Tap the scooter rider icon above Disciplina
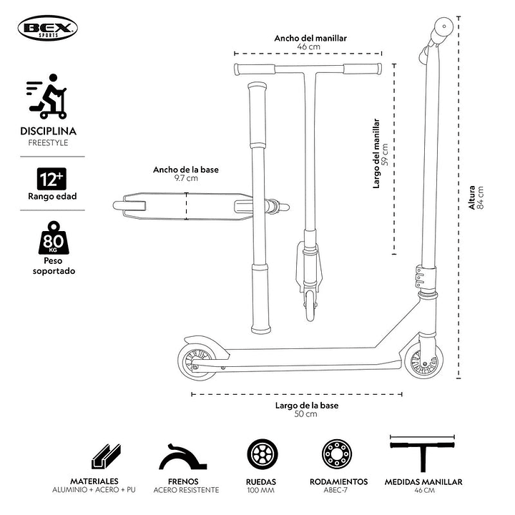tap(48, 99)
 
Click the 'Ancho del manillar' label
tap(310, 38)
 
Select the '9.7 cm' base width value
tap(185, 178)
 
